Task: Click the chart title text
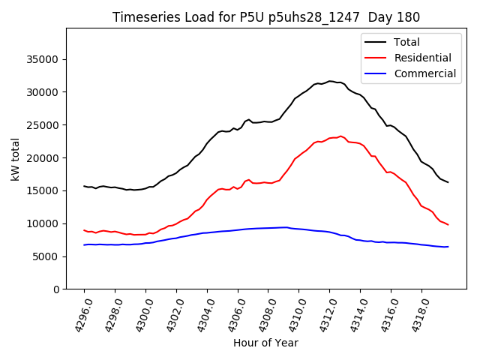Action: [266, 17]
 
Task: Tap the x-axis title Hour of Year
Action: [265, 343]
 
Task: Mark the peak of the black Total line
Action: [330, 81]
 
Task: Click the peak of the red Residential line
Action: [340, 136]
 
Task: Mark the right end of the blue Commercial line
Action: [448, 247]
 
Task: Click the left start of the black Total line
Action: [84, 186]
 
